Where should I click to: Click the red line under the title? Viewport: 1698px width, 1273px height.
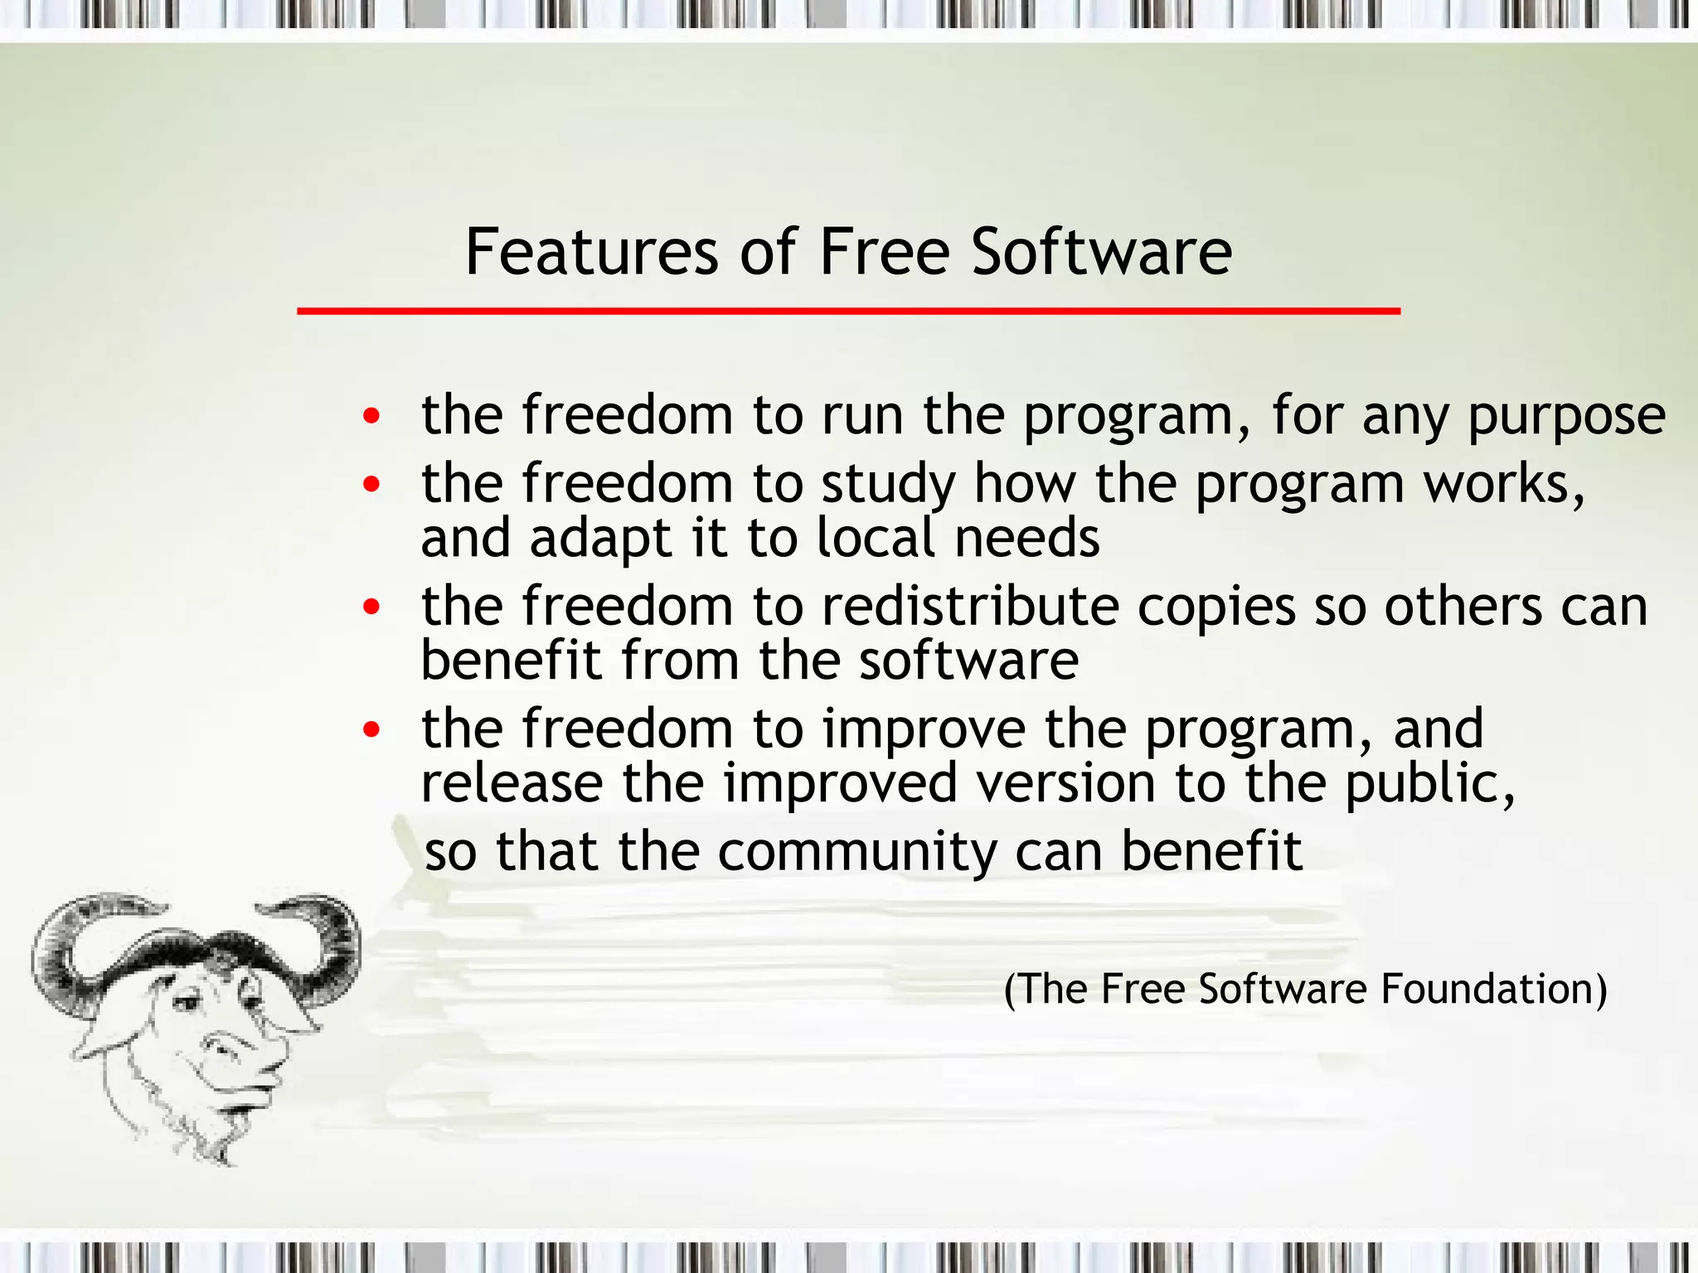pyautogui.click(x=848, y=312)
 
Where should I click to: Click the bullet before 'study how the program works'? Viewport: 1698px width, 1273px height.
pyautogui.click(x=371, y=483)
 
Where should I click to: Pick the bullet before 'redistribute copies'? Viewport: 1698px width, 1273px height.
pyautogui.click(x=371, y=607)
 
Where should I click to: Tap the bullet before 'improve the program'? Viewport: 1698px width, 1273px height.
pyautogui.click(x=371, y=729)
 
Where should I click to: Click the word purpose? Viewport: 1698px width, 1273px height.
pyautogui.click(x=1566, y=417)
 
